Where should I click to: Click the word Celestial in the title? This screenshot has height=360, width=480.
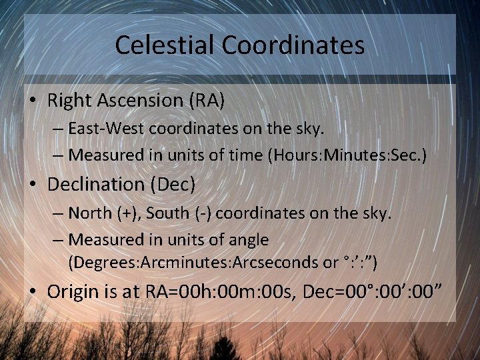coord(165,45)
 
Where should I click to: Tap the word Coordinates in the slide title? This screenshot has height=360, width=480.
coord(293,45)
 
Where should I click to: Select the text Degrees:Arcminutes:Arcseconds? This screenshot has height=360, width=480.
coord(194,262)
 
